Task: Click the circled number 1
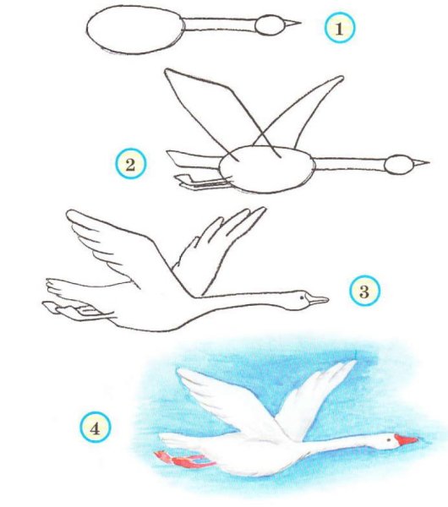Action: coord(340,28)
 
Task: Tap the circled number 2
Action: coord(131,164)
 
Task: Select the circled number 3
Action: coord(365,291)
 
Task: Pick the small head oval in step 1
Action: coord(270,25)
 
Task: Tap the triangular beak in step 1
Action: coord(292,24)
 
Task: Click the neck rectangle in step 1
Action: coord(219,25)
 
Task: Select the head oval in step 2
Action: coord(399,165)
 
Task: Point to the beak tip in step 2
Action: coord(429,162)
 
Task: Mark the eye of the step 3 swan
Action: coord(302,297)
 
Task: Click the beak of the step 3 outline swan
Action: coord(318,300)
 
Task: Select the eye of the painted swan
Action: coord(389,439)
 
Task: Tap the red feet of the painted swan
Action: coord(184,460)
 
